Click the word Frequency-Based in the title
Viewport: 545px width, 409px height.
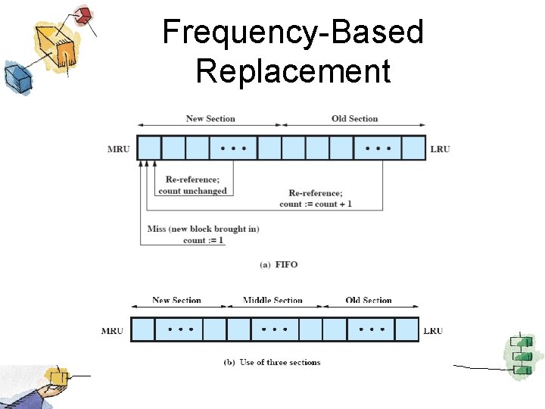[293, 33]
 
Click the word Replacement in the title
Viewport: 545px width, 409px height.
[293, 71]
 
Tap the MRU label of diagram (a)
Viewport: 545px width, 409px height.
[119, 149]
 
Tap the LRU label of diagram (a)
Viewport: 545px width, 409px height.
[440, 149]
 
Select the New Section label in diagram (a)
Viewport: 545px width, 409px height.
[210, 119]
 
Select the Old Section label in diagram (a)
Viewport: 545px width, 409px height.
[354, 119]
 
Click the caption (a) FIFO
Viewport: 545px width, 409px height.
[279, 264]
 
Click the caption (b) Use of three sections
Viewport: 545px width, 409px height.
[272, 362]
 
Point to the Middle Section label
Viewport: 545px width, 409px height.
[272, 301]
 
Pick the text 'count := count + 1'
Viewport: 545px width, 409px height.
[316, 204]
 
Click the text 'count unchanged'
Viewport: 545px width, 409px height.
[192, 191]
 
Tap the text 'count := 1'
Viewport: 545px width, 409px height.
[204, 240]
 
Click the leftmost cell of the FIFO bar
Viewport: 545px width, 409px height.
[150, 148]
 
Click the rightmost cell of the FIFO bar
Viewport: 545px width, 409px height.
[413, 148]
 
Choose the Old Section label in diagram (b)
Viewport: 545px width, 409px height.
[369, 301]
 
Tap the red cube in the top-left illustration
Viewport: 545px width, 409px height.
[84, 14]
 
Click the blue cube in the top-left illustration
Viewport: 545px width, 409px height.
[15, 76]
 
